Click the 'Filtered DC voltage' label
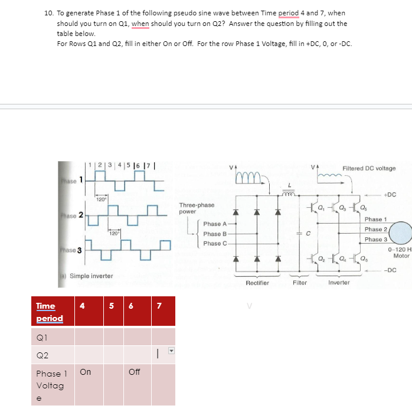(x=369, y=168)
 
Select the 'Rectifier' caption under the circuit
(x=257, y=283)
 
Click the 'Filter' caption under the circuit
(x=300, y=283)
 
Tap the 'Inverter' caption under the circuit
(x=339, y=283)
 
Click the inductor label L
(x=289, y=185)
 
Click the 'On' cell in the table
(x=86, y=372)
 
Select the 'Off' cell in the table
(x=135, y=372)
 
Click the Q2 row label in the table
(x=42, y=355)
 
